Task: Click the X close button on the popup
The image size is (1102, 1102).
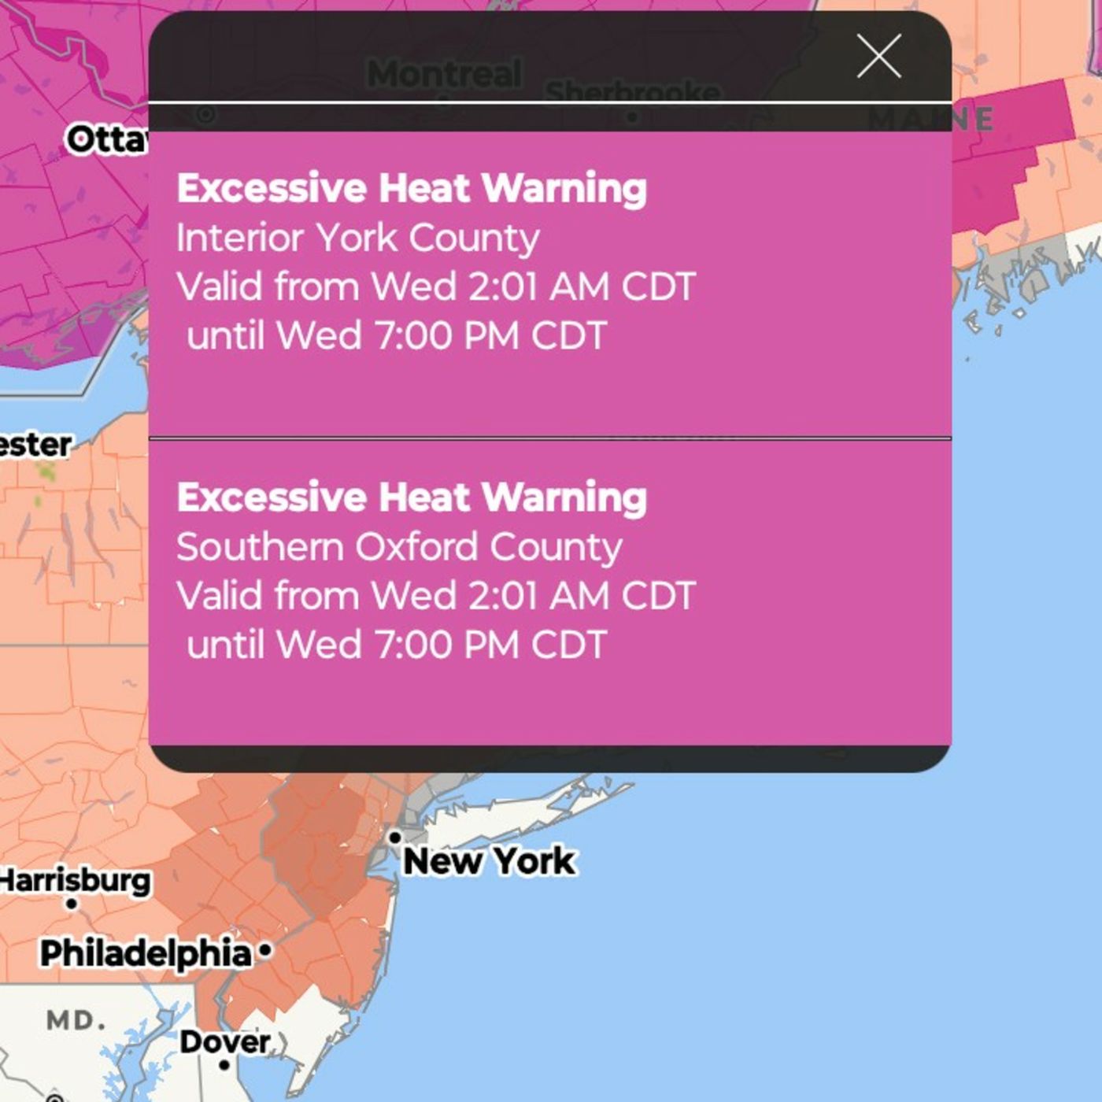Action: coord(878,56)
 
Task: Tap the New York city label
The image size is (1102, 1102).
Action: coord(489,861)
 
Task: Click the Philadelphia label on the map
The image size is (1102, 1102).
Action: coord(146,953)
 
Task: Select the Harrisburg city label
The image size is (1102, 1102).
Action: coord(76,880)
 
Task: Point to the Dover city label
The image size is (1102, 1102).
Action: coord(224,1041)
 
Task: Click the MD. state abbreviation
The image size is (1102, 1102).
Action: coord(76,1021)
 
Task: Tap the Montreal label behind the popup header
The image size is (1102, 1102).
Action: coord(444,74)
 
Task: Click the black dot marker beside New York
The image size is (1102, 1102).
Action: coord(395,838)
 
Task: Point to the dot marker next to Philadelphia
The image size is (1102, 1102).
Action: coord(265,951)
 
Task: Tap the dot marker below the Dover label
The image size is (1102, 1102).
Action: coord(224,1065)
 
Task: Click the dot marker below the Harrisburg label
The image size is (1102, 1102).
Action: coord(72,904)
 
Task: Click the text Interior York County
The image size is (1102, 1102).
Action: coord(358,238)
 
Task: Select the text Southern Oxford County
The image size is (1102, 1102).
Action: coord(399,547)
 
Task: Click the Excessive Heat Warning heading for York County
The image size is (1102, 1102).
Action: coord(412,189)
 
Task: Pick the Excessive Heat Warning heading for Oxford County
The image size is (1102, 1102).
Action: coord(412,497)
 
